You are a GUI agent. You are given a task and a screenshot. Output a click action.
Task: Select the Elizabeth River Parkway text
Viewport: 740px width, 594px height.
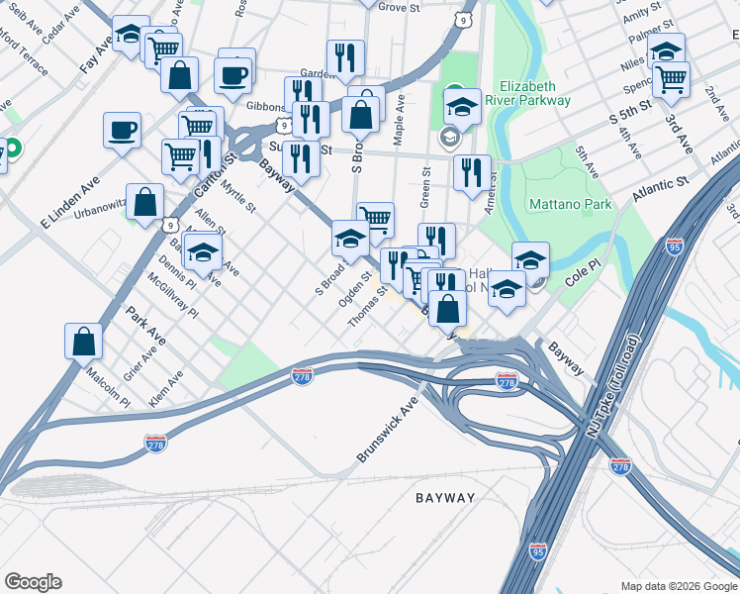534,93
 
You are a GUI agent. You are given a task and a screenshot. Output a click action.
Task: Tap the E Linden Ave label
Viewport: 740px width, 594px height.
70,203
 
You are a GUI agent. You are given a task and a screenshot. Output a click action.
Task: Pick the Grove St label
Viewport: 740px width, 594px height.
399,7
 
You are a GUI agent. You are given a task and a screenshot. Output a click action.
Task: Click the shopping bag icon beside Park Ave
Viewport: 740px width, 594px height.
84,340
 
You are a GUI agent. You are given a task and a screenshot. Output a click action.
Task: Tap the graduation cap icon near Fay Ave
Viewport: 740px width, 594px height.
129,35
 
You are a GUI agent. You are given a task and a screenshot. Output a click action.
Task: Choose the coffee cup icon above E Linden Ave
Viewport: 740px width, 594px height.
122,130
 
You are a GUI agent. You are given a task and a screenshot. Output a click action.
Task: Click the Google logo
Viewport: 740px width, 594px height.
33,582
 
